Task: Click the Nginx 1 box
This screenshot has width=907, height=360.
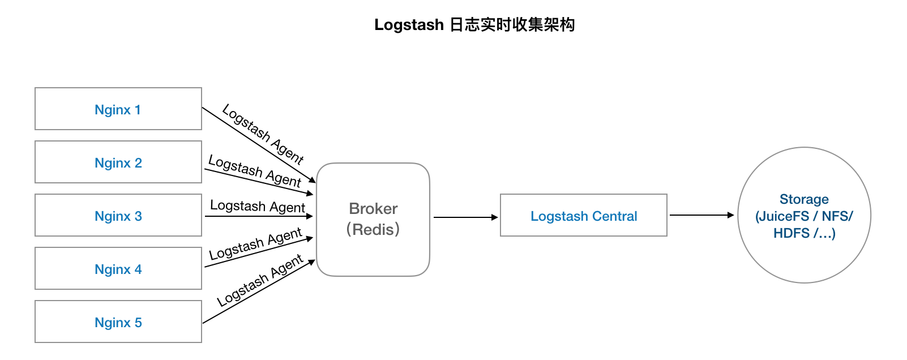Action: (118, 109)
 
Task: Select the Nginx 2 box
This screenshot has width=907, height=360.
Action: (118, 162)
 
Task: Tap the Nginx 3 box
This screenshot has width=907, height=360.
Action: (118, 215)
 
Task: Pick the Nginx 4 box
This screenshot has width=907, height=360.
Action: (118, 268)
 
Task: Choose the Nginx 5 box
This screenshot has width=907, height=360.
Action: (118, 322)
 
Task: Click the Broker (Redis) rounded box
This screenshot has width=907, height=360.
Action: (373, 219)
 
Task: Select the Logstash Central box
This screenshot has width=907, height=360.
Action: (584, 215)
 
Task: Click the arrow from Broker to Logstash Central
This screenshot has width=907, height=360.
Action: (465, 217)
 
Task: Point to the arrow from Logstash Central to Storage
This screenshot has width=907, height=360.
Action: (701, 215)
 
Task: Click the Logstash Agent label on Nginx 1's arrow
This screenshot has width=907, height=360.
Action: (263, 134)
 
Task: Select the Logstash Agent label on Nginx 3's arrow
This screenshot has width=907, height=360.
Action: (258, 207)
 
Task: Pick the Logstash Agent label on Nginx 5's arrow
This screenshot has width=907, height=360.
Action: (260, 281)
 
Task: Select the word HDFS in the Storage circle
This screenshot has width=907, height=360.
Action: (792, 233)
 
